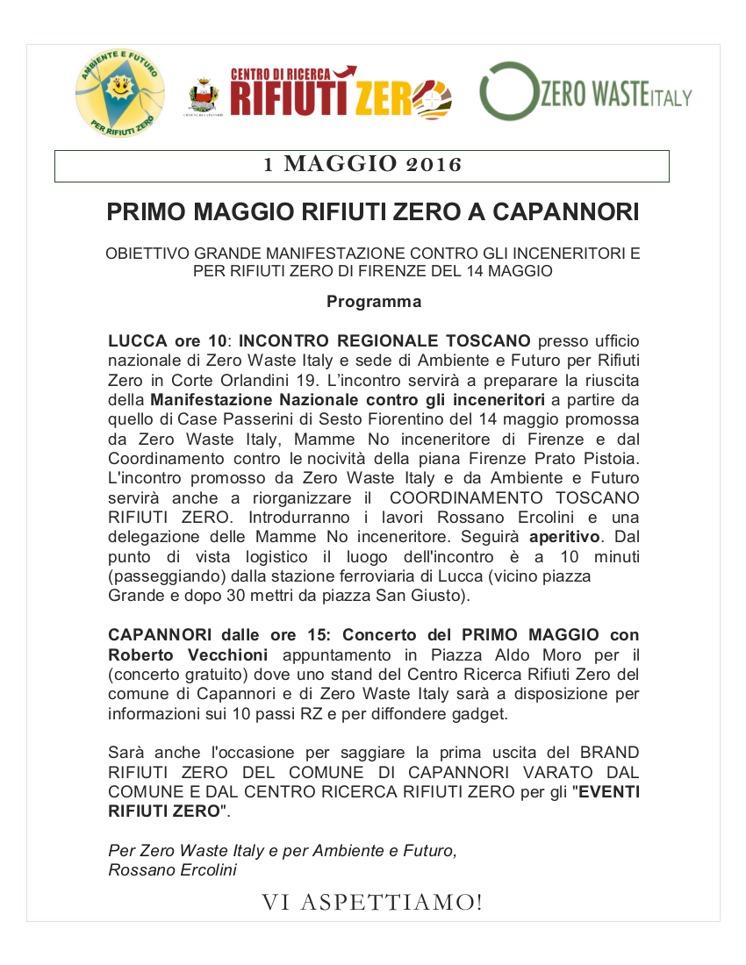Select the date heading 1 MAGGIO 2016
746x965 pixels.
pos(362,165)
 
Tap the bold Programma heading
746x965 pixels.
pos(373,302)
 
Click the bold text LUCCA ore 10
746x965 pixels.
pos(168,340)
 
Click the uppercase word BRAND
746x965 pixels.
pos(609,753)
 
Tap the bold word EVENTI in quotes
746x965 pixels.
pos(610,791)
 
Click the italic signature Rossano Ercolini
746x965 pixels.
pos(172,870)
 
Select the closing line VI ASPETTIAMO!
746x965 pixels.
pos(372,902)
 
